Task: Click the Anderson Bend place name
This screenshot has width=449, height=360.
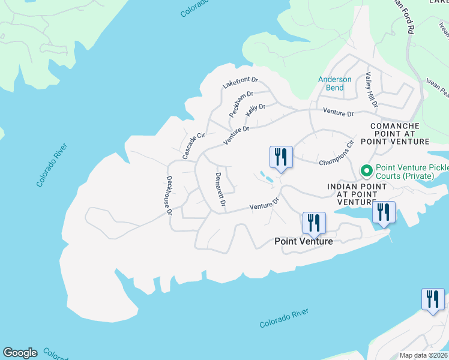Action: pyautogui.click(x=335, y=83)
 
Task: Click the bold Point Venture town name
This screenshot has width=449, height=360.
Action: pyautogui.click(x=303, y=241)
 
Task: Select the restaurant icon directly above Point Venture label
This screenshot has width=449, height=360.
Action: pyautogui.click(x=314, y=223)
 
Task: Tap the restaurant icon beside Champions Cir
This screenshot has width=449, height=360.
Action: pyautogui.click(x=281, y=157)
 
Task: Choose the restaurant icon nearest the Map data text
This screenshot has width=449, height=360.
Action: pyautogui.click(x=433, y=299)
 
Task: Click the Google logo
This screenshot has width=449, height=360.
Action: pyautogui.click(x=20, y=353)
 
